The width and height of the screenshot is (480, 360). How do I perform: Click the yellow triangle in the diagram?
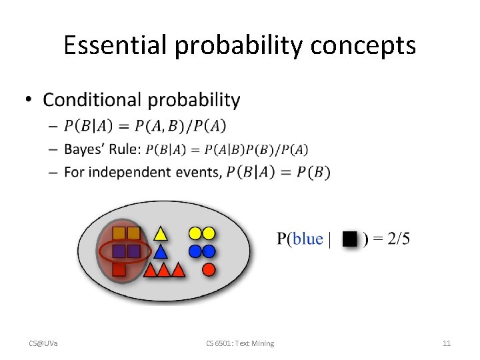pos(160,234)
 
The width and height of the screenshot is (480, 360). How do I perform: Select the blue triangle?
pos(160,252)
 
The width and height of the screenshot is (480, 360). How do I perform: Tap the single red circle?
pos(208,269)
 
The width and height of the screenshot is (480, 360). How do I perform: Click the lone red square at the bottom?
pos(119,269)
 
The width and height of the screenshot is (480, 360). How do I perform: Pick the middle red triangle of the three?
pos(163,270)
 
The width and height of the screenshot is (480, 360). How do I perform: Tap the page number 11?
pos(447,343)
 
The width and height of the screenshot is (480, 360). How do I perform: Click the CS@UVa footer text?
pos(43,343)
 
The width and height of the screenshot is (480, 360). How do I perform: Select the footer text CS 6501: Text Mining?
pos(240,343)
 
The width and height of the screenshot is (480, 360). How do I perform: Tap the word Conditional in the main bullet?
pos(93,100)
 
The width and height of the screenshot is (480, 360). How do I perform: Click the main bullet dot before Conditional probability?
pos(28,101)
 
